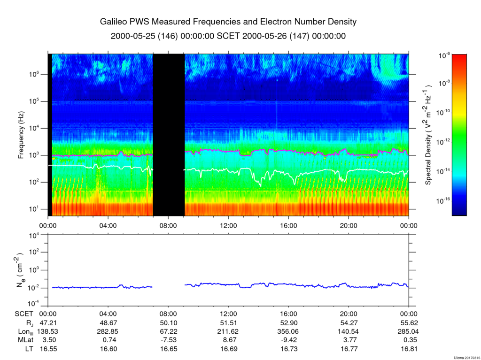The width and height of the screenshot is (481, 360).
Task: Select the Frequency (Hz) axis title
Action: point(21,135)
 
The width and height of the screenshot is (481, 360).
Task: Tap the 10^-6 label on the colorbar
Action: point(444,56)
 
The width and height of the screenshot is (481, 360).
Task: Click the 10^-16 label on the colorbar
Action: point(442,201)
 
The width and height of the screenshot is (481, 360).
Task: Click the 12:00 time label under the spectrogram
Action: point(229,226)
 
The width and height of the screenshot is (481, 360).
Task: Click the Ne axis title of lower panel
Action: point(20,270)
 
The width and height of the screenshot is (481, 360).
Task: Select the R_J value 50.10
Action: point(169,323)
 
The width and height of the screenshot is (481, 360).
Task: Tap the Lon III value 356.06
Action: point(289,331)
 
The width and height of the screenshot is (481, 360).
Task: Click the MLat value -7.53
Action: point(169,340)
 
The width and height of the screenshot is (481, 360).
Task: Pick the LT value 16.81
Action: point(409,349)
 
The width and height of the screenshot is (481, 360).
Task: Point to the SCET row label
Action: point(24,314)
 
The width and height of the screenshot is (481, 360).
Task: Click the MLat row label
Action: point(24,340)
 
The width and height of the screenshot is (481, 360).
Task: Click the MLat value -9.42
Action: point(289,340)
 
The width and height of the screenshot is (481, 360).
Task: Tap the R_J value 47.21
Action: point(48,323)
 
